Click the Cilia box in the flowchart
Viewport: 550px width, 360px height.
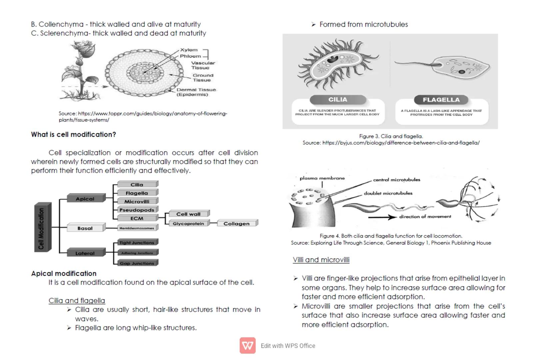pyautogui.click(x=137, y=184)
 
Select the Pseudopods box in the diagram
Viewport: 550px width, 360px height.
pyautogui.click(x=137, y=210)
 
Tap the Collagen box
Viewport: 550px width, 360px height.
pyautogui.click(x=237, y=223)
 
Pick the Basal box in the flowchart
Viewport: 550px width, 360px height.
pyautogui.click(x=85, y=228)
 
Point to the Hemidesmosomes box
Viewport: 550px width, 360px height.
pyautogui.click(x=137, y=228)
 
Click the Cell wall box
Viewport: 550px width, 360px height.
pyautogui.click(x=189, y=214)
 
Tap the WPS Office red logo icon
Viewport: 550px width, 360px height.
pyautogui.click(x=248, y=345)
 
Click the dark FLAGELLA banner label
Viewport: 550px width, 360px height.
pyautogui.click(x=441, y=100)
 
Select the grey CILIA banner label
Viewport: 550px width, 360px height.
pyautogui.click(x=337, y=99)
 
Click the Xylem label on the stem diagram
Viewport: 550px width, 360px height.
pyautogui.click(x=189, y=50)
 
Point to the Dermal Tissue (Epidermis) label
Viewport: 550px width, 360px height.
pyautogui.click(x=196, y=92)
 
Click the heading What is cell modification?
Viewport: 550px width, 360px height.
pyautogui.click(x=74, y=134)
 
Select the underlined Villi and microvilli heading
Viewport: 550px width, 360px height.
pyautogui.click(x=321, y=260)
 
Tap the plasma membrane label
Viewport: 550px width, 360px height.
pyautogui.click(x=322, y=178)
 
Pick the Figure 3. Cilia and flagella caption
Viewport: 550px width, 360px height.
pyautogui.click(x=391, y=136)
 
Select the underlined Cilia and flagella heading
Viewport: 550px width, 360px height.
pyautogui.click(x=77, y=300)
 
